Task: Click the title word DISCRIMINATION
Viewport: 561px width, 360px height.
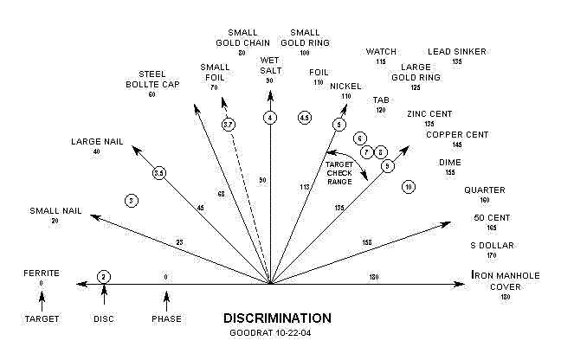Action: pyautogui.click(x=276, y=318)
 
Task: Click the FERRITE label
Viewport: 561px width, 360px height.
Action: pyautogui.click(x=42, y=273)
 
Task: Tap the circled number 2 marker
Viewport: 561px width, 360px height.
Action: pyautogui.click(x=104, y=276)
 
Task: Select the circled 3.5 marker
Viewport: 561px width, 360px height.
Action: pyautogui.click(x=159, y=174)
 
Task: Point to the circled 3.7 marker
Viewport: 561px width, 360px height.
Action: pyautogui.click(x=229, y=125)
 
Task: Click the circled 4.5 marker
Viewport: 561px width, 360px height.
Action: pyautogui.click(x=304, y=117)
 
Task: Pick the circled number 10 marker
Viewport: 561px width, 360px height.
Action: pyautogui.click(x=409, y=186)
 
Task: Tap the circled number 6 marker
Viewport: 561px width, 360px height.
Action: pyautogui.click(x=360, y=138)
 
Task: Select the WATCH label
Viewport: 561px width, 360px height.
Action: pyautogui.click(x=381, y=51)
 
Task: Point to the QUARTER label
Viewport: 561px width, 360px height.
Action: pyautogui.click(x=484, y=190)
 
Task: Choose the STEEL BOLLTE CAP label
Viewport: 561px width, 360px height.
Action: pyautogui.click(x=152, y=79)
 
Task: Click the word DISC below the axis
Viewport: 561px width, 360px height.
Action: pyautogui.click(x=104, y=318)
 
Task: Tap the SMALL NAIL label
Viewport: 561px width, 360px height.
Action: pyautogui.click(x=55, y=210)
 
